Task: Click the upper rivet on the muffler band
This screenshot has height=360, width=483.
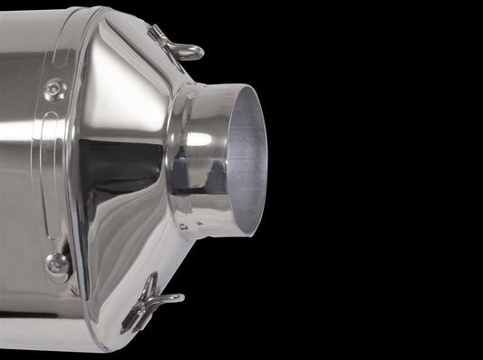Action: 54,89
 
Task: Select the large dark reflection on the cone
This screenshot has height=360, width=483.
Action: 118,181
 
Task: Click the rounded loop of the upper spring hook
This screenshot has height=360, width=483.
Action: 192,53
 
